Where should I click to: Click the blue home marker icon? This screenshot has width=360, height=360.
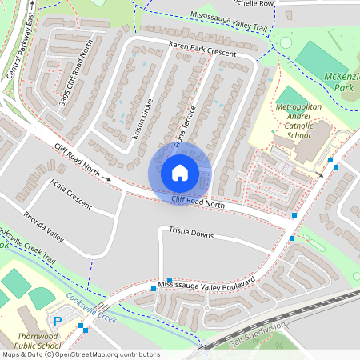click(180, 172)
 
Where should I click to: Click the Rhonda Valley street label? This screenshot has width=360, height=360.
click(43, 226)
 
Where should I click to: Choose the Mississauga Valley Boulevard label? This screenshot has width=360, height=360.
click(206, 284)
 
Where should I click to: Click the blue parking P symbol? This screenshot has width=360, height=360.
click(57, 321)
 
